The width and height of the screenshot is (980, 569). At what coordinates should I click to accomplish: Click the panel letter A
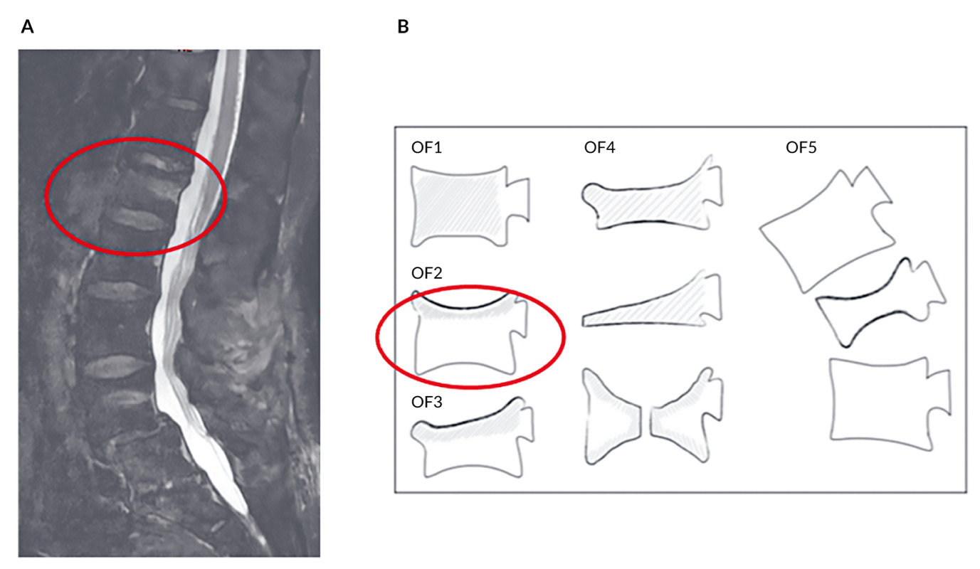click(x=28, y=27)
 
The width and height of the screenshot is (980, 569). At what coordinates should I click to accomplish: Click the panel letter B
click(x=403, y=27)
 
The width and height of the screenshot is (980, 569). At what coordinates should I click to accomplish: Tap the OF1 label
click(x=426, y=148)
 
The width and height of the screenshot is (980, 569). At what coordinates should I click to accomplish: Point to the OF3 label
click(x=426, y=403)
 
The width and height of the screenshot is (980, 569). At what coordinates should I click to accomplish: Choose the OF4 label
click(x=599, y=148)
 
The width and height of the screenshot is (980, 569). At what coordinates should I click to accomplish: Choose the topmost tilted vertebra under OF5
click(x=826, y=228)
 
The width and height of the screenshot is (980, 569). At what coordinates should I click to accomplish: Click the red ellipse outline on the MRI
click(x=46, y=196)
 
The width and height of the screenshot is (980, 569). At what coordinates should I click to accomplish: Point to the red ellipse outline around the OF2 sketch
click(x=376, y=338)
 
